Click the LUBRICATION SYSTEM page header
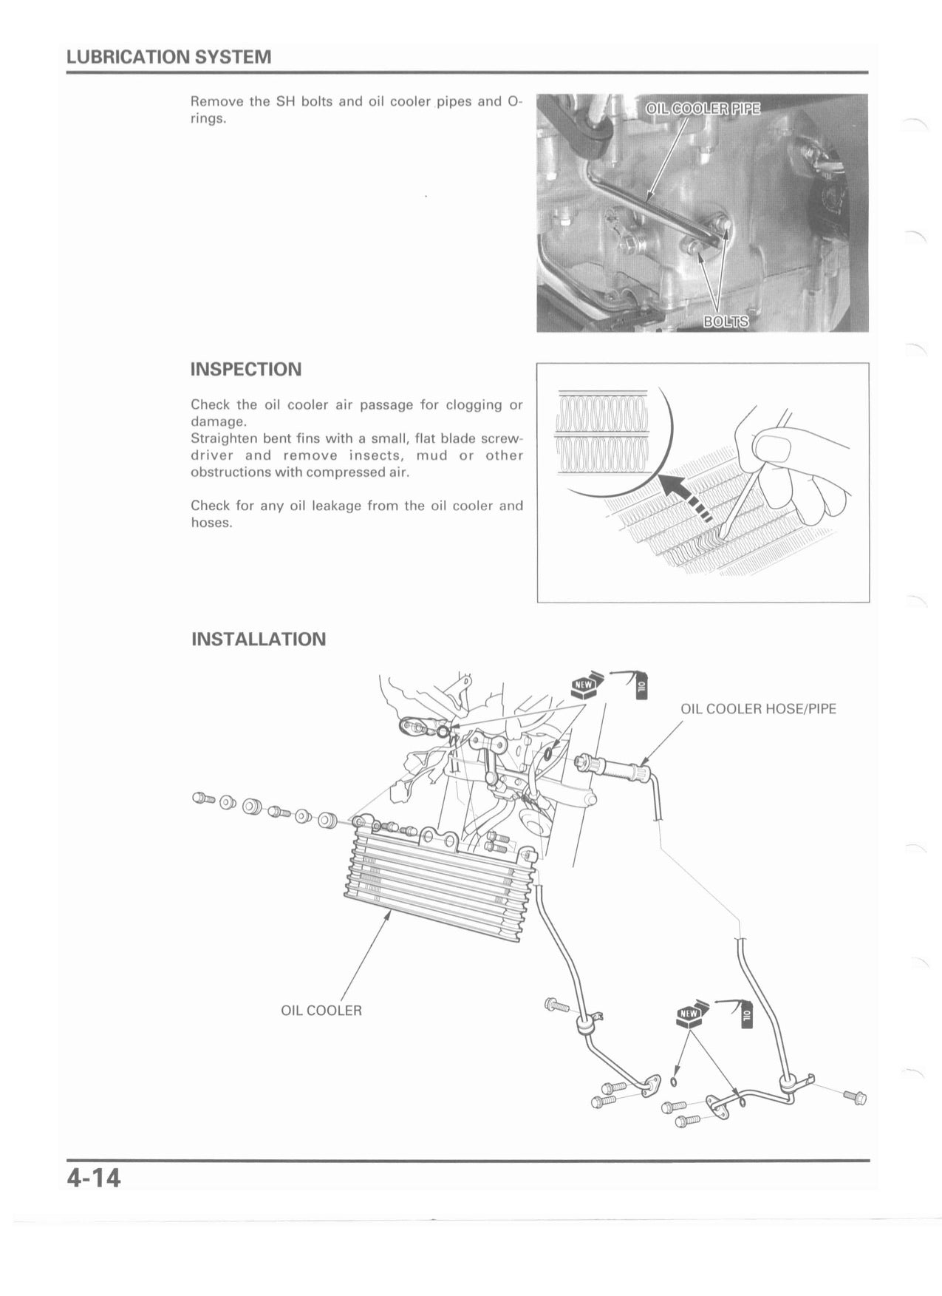tap(168, 57)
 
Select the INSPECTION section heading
tap(246, 370)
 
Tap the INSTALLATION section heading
tap(258, 639)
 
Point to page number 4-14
tap(94, 1178)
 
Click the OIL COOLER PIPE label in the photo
tap(703, 109)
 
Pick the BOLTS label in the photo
tap(726, 322)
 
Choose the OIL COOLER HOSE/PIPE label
tap(758, 709)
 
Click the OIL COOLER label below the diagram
tap(321, 1011)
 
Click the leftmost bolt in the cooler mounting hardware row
tap(202, 798)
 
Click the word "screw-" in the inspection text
tap(502, 438)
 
